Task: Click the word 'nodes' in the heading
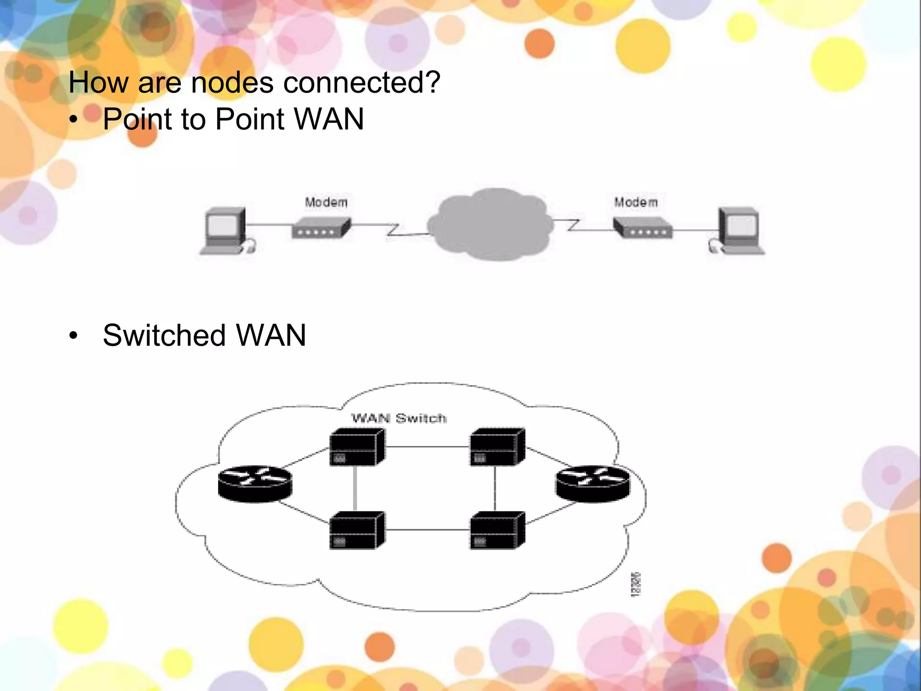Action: coord(232,83)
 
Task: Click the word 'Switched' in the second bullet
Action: coord(164,336)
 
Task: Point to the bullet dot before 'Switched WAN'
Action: coord(74,336)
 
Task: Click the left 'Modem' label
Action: coord(326,202)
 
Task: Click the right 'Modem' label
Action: coord(636,202)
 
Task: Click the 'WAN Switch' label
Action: coord(399,418)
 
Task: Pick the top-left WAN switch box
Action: coord(357,447)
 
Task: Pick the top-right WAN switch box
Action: coord(497,447)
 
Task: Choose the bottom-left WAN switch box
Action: coord(357,530)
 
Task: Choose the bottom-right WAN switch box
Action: coord(497,530)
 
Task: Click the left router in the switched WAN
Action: coord(255,484)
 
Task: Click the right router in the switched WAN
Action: coord(593,484)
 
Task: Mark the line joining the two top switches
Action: coord(427,447)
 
